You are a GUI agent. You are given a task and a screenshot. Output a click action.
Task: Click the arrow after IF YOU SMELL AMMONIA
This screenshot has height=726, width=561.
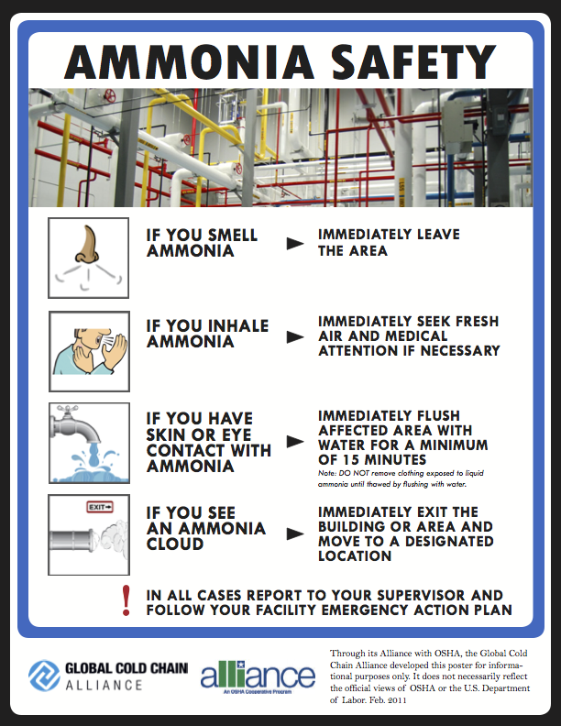294,244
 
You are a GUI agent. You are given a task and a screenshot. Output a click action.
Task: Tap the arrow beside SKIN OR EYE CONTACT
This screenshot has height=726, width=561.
294,442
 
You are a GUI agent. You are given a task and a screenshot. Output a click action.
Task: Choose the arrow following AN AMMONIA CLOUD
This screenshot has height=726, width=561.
294,533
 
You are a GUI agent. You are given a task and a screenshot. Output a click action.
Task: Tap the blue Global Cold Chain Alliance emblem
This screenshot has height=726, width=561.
43,676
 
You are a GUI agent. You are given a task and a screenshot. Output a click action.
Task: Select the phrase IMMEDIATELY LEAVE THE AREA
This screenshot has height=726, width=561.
389,243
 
